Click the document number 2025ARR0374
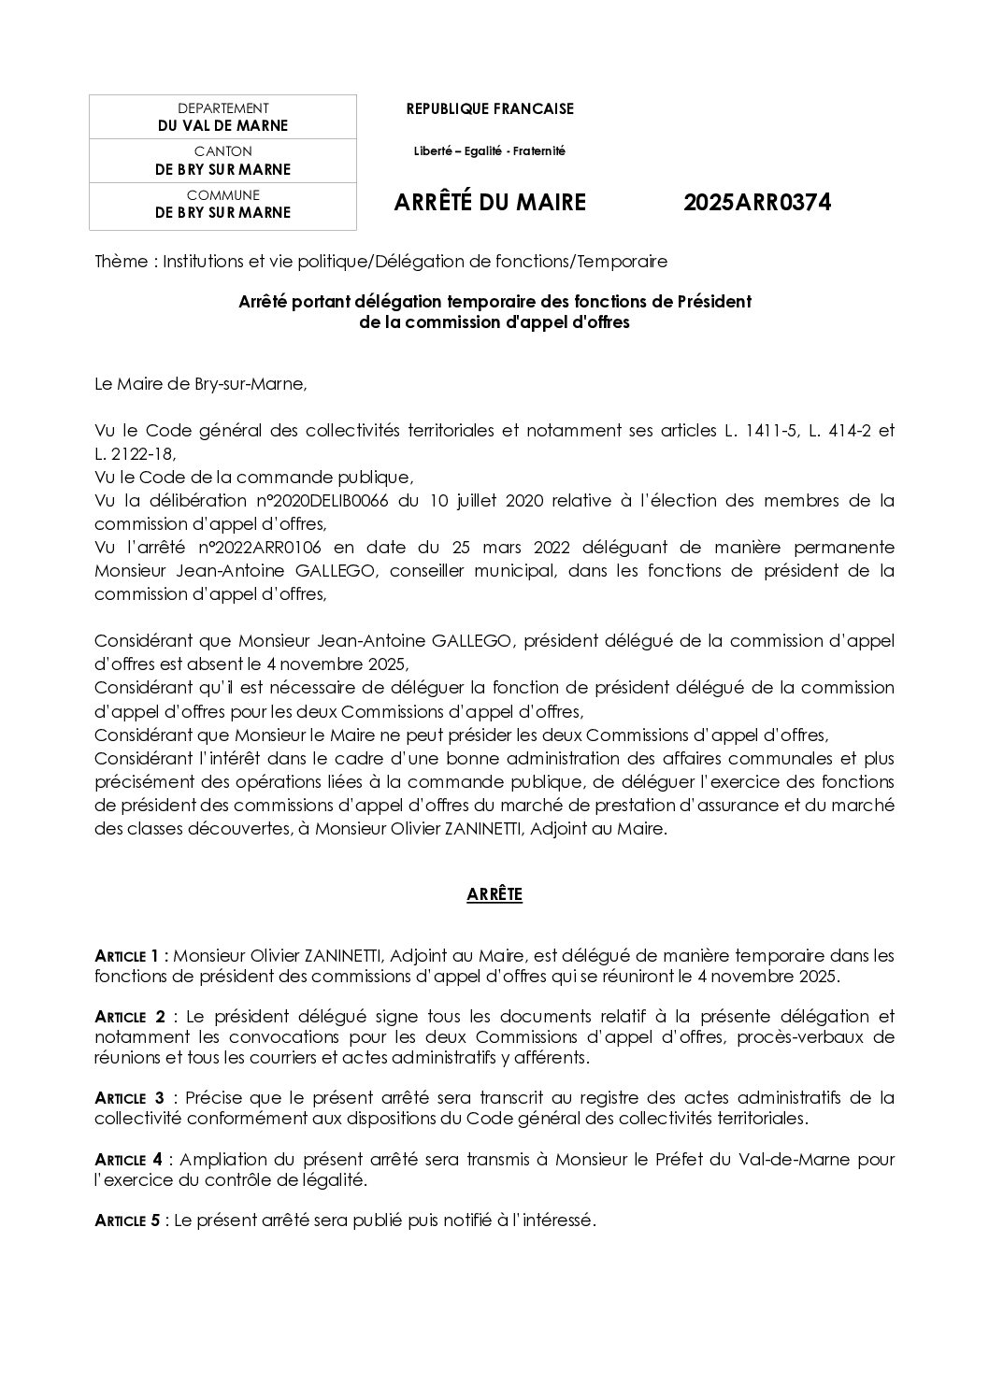tap(756, 203)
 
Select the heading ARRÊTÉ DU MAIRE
tap(490, 203)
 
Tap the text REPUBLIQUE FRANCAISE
tap(490, 109)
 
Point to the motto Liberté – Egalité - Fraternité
tap(490, 150)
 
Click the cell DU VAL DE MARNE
tap(222, 125)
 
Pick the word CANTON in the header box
tap(222, 151)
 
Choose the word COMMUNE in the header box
tap(222, 195)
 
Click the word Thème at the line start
tap(121, 262)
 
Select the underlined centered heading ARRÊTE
tap(494, 895)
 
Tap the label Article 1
tap(131, 956)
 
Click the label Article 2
tap(131, 1016)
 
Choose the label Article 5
tap(128, 1221)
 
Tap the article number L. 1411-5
tap(759, 431)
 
